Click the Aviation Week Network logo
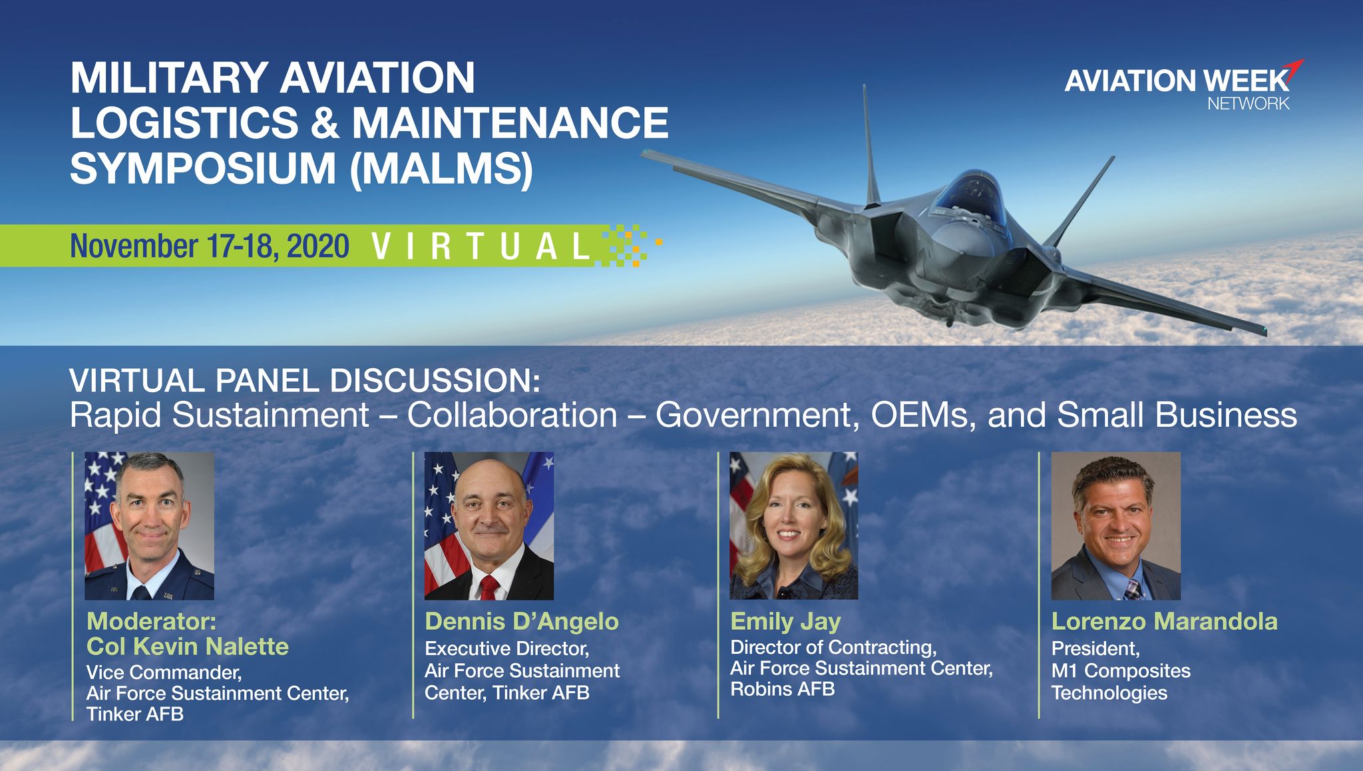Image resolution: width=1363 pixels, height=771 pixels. tap(1183, 85)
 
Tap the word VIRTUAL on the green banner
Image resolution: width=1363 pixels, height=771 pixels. tap(481, 246)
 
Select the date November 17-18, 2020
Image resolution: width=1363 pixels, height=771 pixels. tap(210, 246)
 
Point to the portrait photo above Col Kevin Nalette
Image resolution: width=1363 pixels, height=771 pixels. tap(149, 526)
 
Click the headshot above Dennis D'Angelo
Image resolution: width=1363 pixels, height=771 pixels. tap(489, 526)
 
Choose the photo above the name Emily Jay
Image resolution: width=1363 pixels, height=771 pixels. tap(794, 526)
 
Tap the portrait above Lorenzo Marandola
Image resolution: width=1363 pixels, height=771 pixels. tap(1116, 526)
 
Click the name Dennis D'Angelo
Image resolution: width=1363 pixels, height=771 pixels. tap(522, 621)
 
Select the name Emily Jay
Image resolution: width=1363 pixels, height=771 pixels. tap(785, 622)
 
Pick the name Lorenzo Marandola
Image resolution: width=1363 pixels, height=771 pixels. tap(1165, 621)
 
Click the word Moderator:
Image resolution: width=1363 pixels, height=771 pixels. tap(151, 621)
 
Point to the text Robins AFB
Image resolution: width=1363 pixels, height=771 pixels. tap(783, 689)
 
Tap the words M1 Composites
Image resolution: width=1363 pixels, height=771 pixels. tap(1121, 671)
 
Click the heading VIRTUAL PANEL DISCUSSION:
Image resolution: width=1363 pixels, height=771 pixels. tap(305, 381)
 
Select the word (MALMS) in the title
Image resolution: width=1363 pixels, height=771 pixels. tap(441, 168)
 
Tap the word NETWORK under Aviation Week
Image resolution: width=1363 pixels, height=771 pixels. tap(1249, 103)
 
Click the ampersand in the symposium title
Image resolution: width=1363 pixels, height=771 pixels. tap(325, 123)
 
